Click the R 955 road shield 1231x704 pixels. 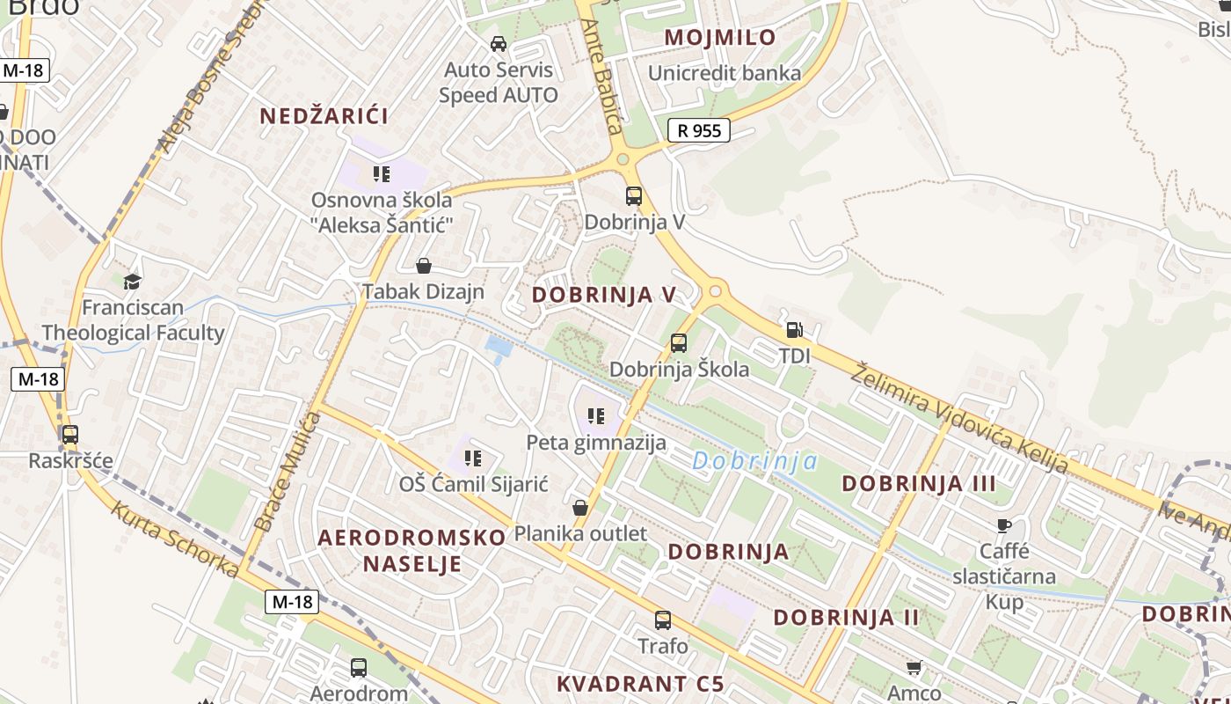tap(699, 131)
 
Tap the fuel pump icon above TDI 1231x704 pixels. tap(794, 331)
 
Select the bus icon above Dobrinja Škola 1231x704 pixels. tap(679, 343)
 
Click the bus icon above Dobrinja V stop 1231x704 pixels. tap(634, 196)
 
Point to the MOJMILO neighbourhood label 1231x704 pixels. tap(720, 37)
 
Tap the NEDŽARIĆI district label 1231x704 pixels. tap(324, 115)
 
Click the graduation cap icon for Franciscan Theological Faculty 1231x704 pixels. tap(132, 282)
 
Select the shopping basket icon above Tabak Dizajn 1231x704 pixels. tap(424, 266)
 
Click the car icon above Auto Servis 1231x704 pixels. tap(499, 44)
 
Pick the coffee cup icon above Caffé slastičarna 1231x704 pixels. tap(1004, 526)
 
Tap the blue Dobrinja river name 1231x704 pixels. tap(754, 460)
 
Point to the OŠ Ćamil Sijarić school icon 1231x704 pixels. tap(473, 458)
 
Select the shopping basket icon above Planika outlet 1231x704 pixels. tap(580, 508)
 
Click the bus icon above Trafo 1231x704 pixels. tap(663, 620)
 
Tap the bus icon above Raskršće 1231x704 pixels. tap(70, 435)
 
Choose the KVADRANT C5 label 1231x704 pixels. tap(640, 684)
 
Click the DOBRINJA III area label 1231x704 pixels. tap(919, 483)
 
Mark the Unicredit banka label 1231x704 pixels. tap(725, 73)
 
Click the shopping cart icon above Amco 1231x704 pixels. tap(914, 668)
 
